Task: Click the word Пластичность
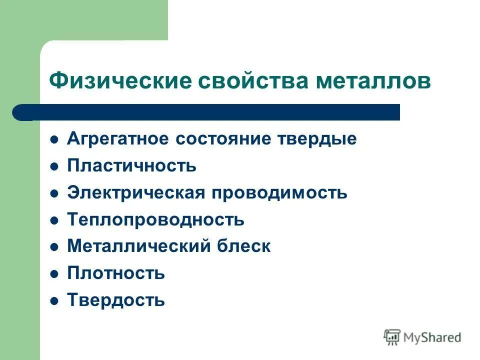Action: point(131,166)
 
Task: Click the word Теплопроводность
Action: point(155,219)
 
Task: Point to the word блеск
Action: point(243,246)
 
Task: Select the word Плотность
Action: point(115,273)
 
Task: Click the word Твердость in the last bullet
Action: point(115,300)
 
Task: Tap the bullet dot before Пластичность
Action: point(55,166)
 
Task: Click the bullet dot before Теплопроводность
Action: point(55,220)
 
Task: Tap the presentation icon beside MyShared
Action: point(392,337)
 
